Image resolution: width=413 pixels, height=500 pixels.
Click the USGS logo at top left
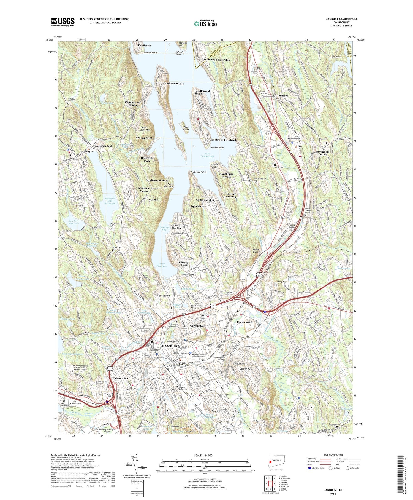pos(63,22)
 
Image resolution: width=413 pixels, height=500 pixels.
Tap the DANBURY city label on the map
pos(171,346)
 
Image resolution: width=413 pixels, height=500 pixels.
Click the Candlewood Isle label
pos(173,83)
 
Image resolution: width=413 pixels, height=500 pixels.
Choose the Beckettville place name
pos(120,379)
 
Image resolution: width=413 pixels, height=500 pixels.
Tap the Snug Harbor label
pos(177,227)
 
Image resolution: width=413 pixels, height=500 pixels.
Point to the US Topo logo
pos(205,23)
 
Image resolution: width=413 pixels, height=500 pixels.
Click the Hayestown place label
pos(163,296)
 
